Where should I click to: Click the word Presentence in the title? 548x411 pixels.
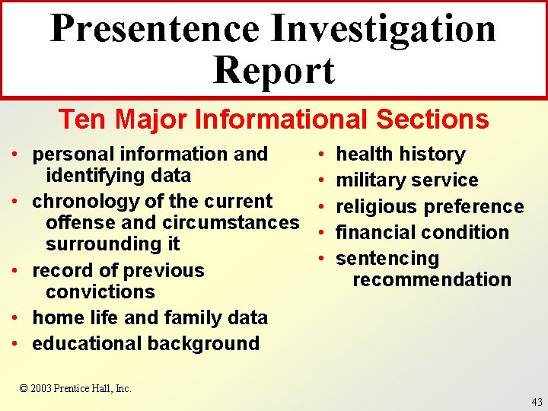(x=155, y=28)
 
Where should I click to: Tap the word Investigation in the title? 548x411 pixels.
(x=384, y=28)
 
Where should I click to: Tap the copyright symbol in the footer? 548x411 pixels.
(x=24, y=388)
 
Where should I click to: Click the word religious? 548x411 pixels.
(x=377, y=206)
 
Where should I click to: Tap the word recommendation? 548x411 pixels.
(x=432, y=279)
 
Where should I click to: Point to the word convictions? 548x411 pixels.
(x=100, y=292)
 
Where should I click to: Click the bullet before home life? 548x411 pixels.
(x=15, y=318)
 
